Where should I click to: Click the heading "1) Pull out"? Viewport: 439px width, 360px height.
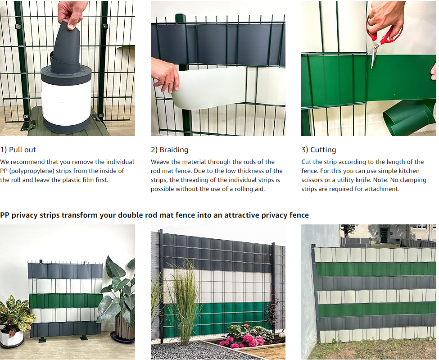pos(18,150)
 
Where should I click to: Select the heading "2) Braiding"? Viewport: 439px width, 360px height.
pos(170,150)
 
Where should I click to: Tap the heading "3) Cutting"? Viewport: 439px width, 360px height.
pos(319,150)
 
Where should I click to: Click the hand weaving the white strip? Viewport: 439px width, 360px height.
pos(165,74)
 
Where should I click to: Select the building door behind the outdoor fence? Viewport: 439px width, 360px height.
pos(383,235)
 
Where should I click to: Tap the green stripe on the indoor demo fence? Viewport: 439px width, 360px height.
pos(66,301)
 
